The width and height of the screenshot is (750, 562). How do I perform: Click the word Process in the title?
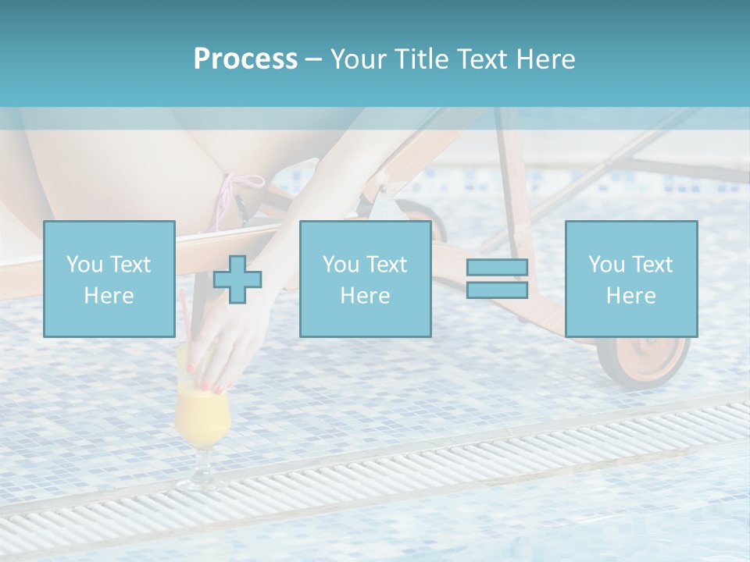pos(245,59)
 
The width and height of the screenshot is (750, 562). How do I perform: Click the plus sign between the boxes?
pos(237,279)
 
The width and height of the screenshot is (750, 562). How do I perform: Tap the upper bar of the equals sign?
pos(497,268)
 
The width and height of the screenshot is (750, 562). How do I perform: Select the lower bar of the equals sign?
pos(497,290)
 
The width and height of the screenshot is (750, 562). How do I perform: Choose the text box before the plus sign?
pos(109,279)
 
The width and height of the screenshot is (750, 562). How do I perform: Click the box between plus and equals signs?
pos(365,279)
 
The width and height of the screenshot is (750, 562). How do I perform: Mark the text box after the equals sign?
pos(630,279)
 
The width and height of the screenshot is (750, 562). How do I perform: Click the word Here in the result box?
pos(630,295)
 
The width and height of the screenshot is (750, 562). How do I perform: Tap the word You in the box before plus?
pos(84,264)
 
